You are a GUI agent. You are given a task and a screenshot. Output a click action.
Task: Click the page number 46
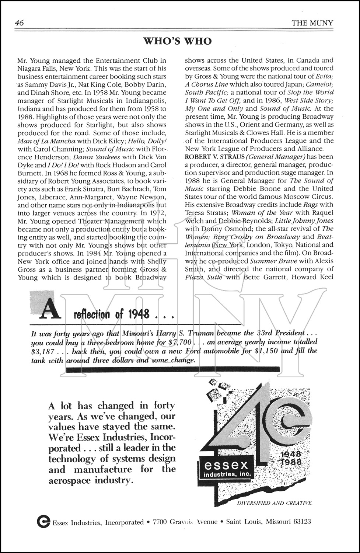coord(19,23)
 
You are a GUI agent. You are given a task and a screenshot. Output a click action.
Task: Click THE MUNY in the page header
coord(312,23)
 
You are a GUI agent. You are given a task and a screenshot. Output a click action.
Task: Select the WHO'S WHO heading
coord(177,41)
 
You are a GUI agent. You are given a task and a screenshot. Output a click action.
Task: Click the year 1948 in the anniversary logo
coord(290,454)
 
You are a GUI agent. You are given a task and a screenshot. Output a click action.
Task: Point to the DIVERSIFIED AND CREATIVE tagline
coord(275,503)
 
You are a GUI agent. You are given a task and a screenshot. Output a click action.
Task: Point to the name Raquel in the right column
coord(322,213)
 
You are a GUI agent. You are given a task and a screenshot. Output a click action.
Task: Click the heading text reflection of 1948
coord(112,314)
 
